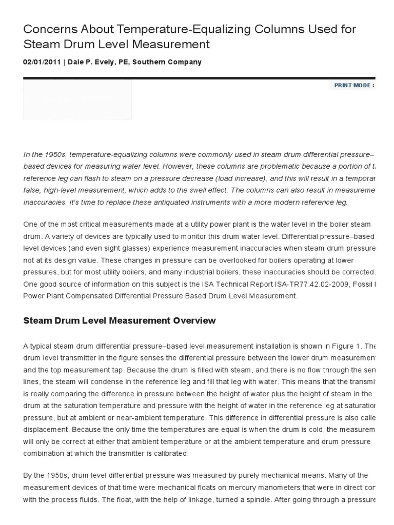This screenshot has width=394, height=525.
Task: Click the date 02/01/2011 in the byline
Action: pyautogui.click(x=42, y=62)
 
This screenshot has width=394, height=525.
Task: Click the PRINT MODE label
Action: pyautogui.click(x=354, y=85)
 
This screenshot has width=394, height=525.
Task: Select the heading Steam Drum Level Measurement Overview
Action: pyautogui.click(x=120, y=321)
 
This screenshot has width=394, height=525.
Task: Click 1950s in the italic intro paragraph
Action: pyautogui.click(x=54, y=154)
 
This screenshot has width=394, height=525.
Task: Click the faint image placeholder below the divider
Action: pyautogui.click(x=77, y=99)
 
